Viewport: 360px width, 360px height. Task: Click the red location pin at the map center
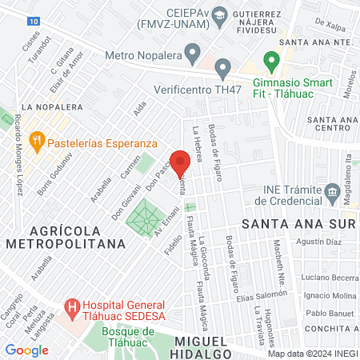point(180,159)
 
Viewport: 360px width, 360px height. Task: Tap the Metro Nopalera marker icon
point(192,55)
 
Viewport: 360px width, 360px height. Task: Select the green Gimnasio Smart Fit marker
point(271,61)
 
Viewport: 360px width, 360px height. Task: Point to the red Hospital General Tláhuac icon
point(72,307)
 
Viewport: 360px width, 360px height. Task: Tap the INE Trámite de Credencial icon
point(331,193)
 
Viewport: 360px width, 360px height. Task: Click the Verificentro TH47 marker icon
point(223,67)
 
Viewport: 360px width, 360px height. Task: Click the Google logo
point(26,350)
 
